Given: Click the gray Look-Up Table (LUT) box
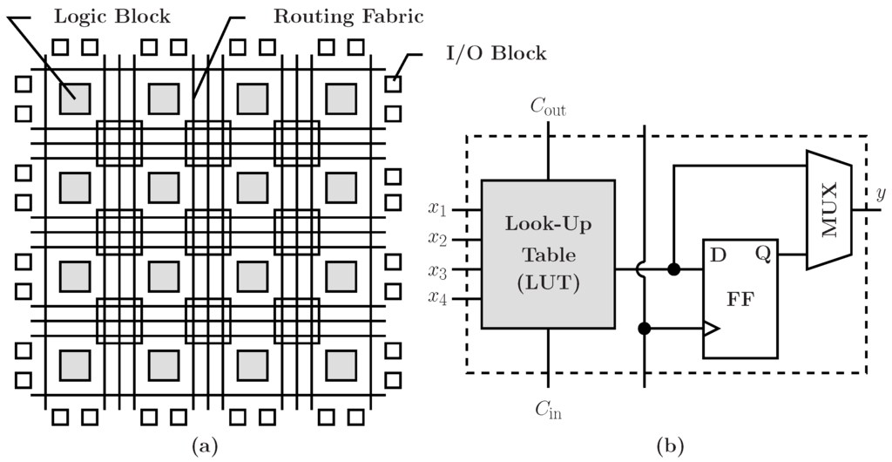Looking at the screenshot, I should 548,254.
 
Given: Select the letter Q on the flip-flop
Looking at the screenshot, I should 762,254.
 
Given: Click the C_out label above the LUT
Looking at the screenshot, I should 548,108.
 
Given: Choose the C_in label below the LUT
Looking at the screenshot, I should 548,407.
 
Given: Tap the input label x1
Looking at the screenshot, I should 437,210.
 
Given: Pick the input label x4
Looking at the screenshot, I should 437,299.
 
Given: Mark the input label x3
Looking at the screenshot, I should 437,270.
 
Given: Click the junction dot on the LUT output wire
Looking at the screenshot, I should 673,269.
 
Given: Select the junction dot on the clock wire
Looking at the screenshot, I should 644,329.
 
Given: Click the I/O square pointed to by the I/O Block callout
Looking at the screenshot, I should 394,84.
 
